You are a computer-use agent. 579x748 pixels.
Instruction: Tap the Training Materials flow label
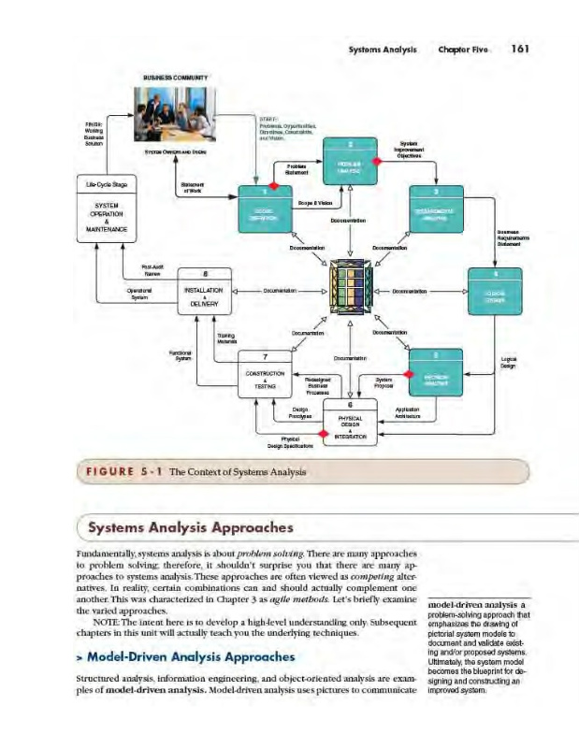point(226,338)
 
